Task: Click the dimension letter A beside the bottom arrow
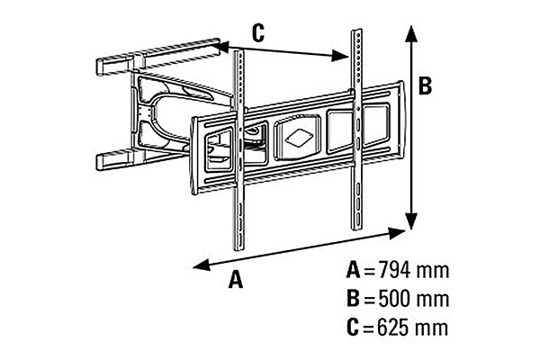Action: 236,280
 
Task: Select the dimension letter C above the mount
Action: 257,33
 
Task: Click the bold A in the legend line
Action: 355,270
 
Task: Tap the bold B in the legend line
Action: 355,298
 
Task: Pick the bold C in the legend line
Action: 355,326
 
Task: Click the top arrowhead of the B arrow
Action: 411,31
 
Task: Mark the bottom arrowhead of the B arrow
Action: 411,225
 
